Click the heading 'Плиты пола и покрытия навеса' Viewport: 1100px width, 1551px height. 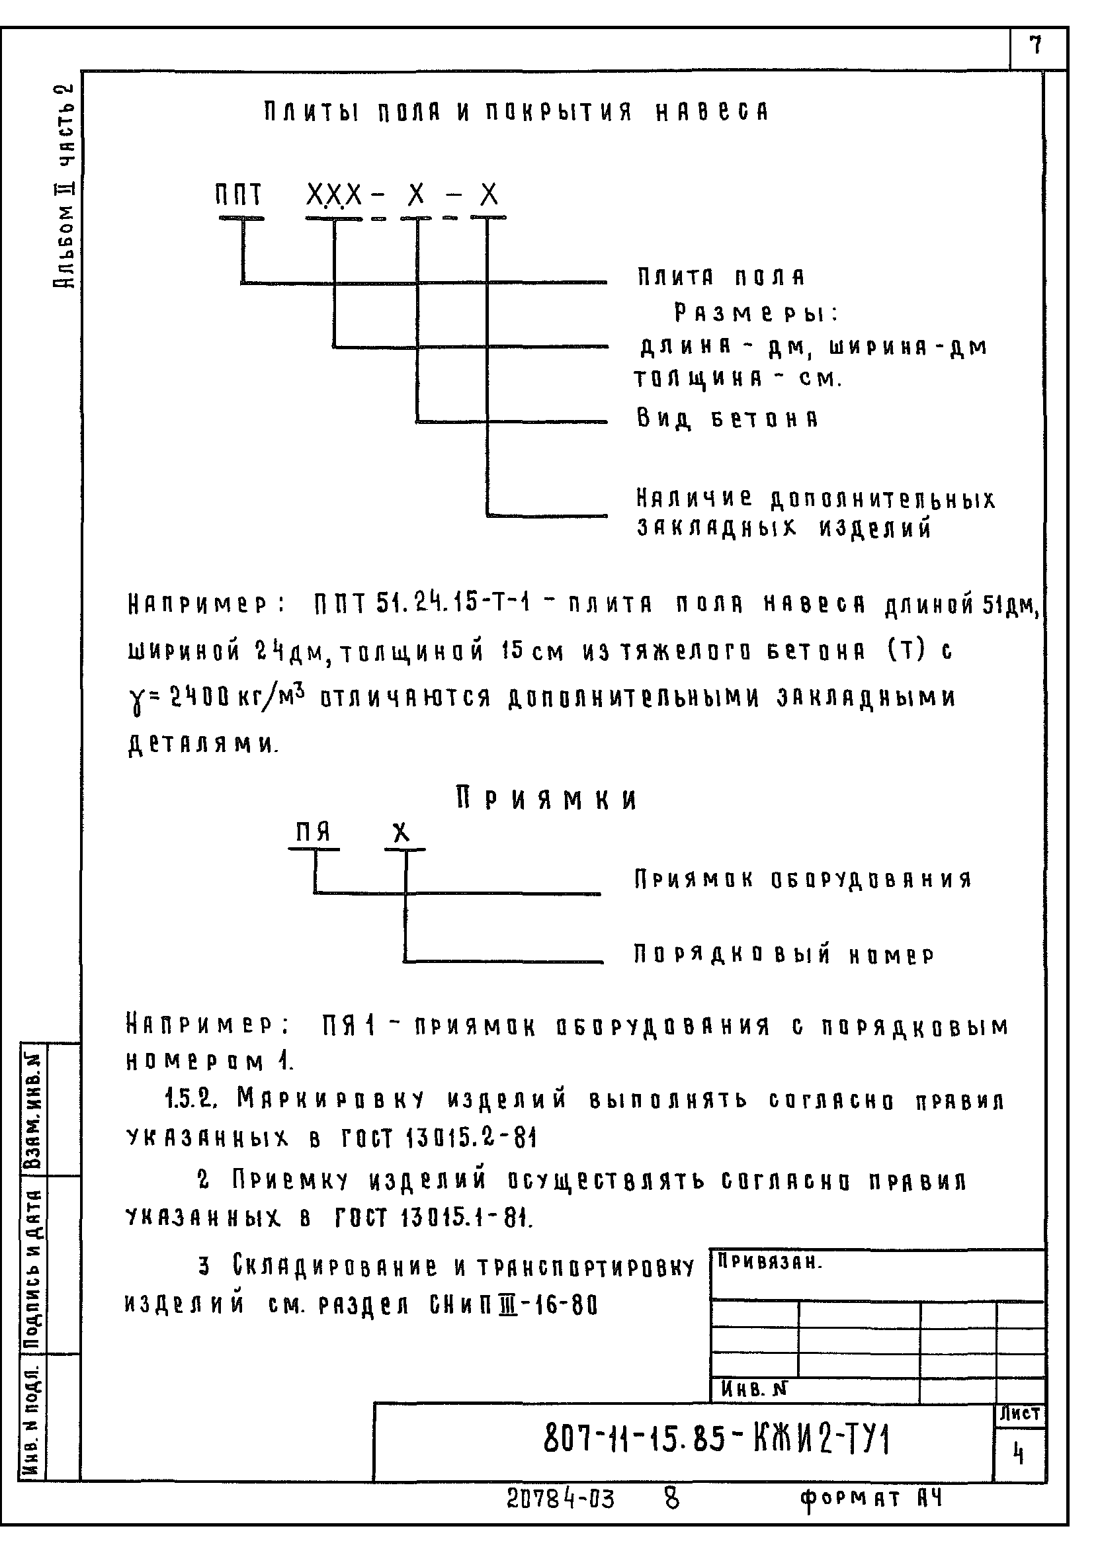[516, 112]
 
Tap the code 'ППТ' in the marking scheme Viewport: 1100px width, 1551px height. [238, 196]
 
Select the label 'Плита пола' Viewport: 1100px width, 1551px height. [721, 277]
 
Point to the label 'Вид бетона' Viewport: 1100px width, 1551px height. [728, 419]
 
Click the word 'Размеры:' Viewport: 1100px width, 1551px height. [756, 314]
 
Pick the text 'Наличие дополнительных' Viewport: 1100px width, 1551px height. [816, 499]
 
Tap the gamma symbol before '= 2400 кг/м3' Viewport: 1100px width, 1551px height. [136, 698]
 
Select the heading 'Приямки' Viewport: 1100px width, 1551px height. [547, 800]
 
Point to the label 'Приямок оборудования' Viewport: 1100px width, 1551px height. [803, 880]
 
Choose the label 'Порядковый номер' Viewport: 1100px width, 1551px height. [784, 955]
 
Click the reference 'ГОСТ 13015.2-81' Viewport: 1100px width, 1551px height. [436, 1138]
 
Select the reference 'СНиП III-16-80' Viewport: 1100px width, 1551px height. [514, 1304]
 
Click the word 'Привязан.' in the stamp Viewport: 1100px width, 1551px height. [769, 1261]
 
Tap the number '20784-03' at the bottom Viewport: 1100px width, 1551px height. [560, 1499]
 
